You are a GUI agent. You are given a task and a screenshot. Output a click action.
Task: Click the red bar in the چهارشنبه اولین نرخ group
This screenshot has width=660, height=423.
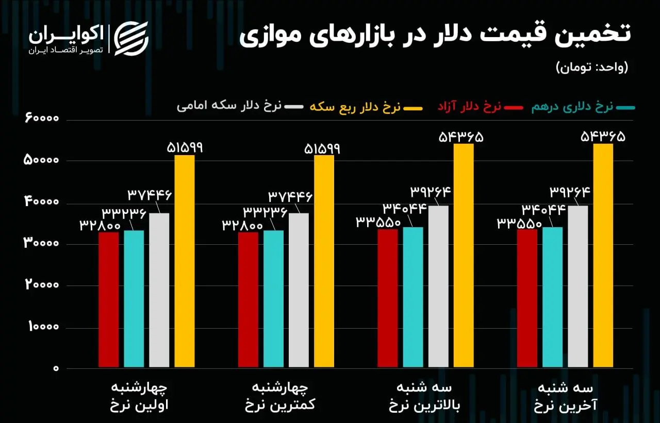coord(108,300)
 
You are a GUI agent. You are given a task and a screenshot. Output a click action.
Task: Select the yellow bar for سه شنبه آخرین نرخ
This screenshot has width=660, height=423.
coord(603,256)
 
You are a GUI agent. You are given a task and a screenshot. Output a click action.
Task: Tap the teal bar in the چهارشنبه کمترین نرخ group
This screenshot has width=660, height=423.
coord(273,299)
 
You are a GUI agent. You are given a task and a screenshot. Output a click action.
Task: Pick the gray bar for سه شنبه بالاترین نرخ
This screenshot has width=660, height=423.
coord(438,286)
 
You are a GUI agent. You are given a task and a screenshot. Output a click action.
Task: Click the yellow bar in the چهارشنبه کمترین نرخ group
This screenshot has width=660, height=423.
coord(324,262)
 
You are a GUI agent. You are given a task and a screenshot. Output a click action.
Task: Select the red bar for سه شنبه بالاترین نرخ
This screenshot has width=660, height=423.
coord(388,298)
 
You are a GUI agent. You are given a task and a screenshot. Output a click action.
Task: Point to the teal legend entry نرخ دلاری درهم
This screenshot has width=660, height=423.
coord(583,107)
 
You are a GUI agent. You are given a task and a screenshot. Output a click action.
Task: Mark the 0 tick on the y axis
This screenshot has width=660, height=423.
coord(56,369)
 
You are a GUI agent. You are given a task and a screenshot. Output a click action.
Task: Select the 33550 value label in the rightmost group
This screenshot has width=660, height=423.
coord(520,224)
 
